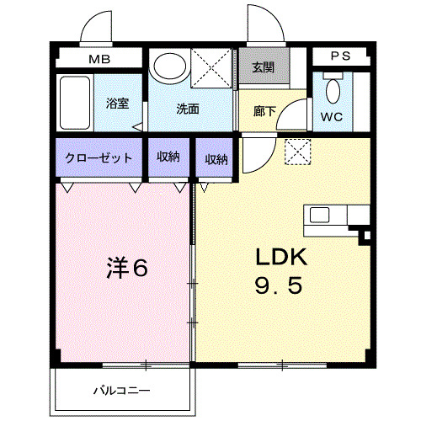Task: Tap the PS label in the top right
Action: pyautogui.click(x=340, y=56)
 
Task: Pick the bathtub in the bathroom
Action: pyautogui.click(x=74, y=104)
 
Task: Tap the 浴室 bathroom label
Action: pyautogui.click(x=117, y=104)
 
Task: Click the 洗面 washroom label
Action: pyautogui.click(x=187, y=109)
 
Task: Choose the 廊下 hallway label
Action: pyautogui.click(x=264, y=109)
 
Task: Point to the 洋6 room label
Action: pyautogui.click(x=126, y=269)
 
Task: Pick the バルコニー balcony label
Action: pyautogui.click(x=123, y=390)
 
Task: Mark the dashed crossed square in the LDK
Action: pyautogui.click(x=297, y=152)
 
